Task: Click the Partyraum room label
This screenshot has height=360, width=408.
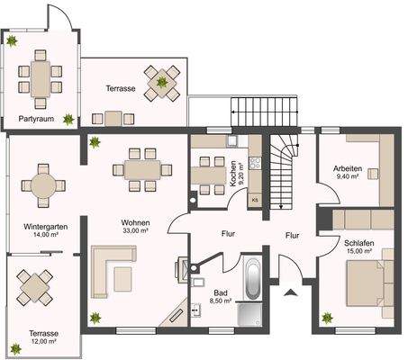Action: click(36, 119)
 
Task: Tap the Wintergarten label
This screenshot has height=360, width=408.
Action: click(46, 227)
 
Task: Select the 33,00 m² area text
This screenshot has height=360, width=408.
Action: click(136, 230)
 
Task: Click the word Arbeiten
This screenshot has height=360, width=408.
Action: click(348, 168)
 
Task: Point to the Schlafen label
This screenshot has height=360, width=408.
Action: click(359, 243)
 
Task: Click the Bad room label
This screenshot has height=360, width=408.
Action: click(221, 292)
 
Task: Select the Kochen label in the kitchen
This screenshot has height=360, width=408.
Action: click(233, 174)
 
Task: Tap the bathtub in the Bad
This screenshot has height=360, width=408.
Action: click(252, 278)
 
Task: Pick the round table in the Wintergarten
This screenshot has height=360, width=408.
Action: click(43, 185)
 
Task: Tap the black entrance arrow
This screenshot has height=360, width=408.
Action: click(291, 292)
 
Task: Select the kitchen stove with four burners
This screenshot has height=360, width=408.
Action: click(255, 163)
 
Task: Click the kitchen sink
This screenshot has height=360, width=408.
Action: click(232, 140)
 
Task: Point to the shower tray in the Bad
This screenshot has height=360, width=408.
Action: click(249, 314)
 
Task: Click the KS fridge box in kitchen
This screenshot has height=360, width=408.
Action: click(255, 200)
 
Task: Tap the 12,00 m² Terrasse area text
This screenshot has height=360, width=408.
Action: click(44, 341)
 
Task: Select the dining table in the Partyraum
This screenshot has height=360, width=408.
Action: click(41, 79)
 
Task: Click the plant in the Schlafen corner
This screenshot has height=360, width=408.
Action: click(327, 318)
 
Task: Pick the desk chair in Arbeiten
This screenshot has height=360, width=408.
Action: click(373, 174)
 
